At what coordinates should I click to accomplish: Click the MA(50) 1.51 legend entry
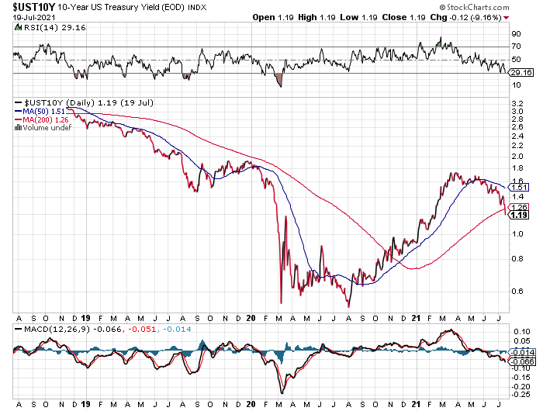(44, 111)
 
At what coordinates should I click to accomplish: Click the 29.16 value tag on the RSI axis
(519, 73)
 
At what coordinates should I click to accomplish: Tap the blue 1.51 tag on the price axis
(519, 187)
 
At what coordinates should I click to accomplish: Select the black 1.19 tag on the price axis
(519, 215)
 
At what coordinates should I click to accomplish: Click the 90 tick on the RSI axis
(514, 35)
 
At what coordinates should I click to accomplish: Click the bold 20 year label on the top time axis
(251, 318)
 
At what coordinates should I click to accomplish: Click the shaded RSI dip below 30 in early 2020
(279, 78)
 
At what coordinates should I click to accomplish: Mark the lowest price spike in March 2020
(280, 302)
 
